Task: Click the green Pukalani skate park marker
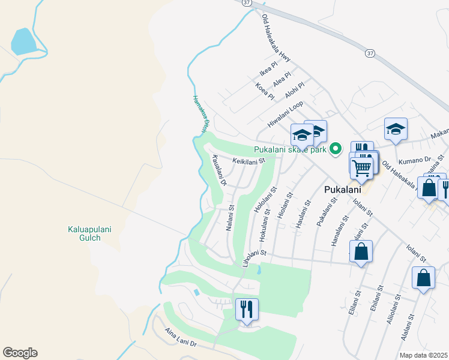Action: (337, 148)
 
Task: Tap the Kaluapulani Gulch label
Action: (84, 233)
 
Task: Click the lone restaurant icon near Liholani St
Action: (247, 309)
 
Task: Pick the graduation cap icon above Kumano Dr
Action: (396, 129)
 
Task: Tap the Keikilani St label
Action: (249, 161)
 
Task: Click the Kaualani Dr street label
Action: (219, 169)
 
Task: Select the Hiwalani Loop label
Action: (286, 112)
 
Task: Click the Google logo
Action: (20, 353)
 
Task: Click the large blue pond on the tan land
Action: (23, 41)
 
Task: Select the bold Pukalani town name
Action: (342, 190)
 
